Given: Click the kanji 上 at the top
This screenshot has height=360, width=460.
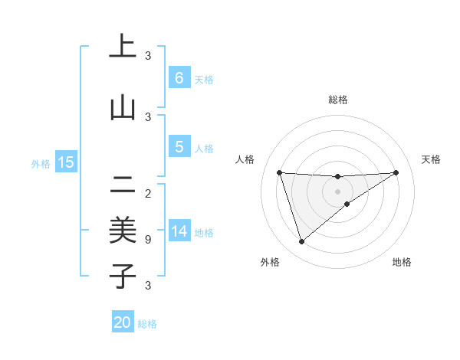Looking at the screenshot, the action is point(123,47).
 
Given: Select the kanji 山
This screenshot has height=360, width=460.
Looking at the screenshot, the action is point(123,108).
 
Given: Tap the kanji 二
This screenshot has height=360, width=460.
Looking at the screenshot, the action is point(123,184).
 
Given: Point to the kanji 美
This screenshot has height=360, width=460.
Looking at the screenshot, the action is point(123,231).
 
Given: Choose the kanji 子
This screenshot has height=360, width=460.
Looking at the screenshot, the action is point(123,277).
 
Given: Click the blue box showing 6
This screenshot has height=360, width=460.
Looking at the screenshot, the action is point(179,78).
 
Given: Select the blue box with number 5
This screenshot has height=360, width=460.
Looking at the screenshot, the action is point(179,147).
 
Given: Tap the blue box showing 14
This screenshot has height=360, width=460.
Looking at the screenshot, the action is point(179,231).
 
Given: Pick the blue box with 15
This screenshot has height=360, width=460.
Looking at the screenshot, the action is point(65,162).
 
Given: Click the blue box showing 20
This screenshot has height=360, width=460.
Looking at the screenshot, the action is point(123,322).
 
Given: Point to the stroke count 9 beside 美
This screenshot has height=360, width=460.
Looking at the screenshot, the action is point(148,240).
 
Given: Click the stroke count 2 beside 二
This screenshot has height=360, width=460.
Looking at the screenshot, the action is point(148,193).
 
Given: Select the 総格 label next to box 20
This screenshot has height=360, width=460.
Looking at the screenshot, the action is point(147,324).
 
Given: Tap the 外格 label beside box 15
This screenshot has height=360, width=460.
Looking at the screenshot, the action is point(41,163).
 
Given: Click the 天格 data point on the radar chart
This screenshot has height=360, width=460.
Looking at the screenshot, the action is point(396,172).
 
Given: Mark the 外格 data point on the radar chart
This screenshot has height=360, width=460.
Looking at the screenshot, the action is point(301,242).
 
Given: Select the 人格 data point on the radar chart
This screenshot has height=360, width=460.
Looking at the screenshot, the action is point(279,172).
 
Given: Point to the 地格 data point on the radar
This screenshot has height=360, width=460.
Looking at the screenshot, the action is point(347,204).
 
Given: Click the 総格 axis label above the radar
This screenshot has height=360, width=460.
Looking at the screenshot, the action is point(338,100).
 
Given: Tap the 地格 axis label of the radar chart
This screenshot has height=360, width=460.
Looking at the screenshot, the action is point(402,262).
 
